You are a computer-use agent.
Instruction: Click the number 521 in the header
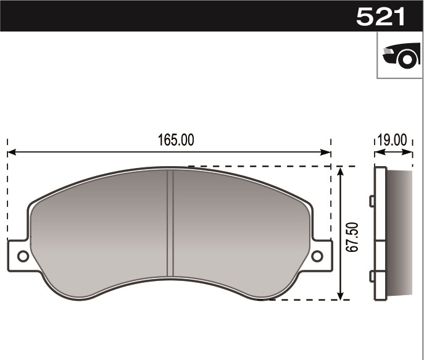point(381,17)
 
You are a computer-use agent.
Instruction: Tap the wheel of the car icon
point(407,60)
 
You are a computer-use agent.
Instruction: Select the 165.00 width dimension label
point(176,140)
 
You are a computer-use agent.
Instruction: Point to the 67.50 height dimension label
point(352,237)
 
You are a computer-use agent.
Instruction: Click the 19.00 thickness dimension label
point(393,140)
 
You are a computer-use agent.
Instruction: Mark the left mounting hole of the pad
point(23,256)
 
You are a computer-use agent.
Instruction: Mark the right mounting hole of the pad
point(317,256)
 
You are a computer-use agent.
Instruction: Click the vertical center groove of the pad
point(170,222)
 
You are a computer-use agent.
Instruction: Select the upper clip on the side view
point(372,201)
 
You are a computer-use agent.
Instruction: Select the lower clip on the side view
point(372,276)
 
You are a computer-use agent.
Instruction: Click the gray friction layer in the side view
point(399,235)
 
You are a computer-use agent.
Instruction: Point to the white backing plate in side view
point(380,235)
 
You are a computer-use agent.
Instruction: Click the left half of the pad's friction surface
point(99,228)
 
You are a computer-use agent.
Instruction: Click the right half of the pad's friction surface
point(241,228)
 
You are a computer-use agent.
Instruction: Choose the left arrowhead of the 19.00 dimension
point(376,152)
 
